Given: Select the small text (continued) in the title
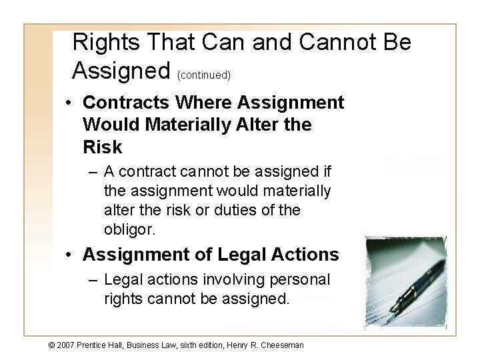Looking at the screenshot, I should click(204, 75).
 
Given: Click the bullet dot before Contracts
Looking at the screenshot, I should click(69, 103).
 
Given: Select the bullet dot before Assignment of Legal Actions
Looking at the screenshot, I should click(69, 255).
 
